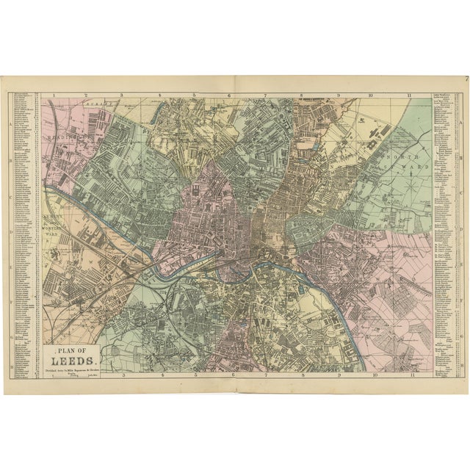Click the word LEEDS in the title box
72,362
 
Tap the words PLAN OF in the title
72,352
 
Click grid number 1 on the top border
54,95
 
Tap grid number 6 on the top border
229,95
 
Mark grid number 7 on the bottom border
266,375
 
